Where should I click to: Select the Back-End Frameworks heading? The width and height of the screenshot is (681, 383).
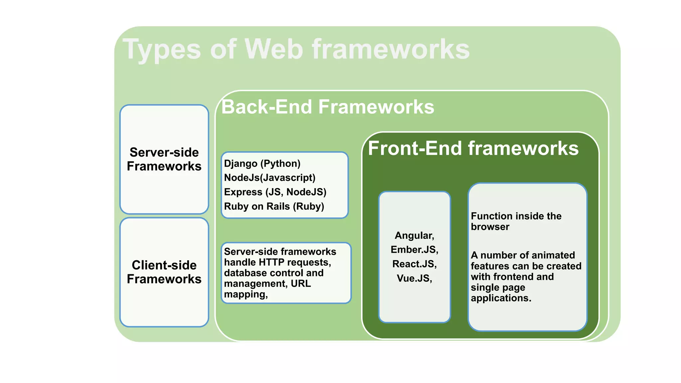(328, 107)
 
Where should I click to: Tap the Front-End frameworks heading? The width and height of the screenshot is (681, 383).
(473, 148)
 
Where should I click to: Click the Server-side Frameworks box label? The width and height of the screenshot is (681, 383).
(164, 159)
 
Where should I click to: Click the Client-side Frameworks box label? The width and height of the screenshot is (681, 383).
(164, 272)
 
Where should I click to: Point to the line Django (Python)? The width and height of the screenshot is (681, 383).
(262, 164)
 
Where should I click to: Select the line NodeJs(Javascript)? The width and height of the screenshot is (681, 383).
(269, 178)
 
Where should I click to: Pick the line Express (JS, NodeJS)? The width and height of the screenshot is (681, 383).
(275, 192)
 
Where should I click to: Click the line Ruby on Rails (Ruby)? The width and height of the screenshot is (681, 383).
(274, 206)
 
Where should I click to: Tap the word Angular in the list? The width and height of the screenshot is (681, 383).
(414, 235)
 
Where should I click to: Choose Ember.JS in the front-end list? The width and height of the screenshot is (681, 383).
(414, 250)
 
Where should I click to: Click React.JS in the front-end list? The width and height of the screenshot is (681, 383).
(414, 264)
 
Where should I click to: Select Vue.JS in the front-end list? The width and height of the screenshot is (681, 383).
(414, 278)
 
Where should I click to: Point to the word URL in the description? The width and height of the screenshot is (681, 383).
(301, 284)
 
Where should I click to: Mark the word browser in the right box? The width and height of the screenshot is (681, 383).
(490, 227)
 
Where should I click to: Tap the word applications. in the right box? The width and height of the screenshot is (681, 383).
(501, 298)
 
